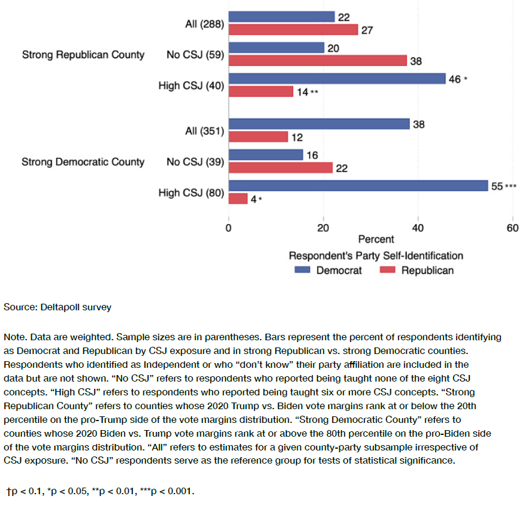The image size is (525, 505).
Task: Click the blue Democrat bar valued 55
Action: coord(358,186)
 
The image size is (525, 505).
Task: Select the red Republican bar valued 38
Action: coord(318,61)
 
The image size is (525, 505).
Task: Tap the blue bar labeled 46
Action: coord(337,78)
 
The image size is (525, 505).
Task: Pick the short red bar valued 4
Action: coord(238,198)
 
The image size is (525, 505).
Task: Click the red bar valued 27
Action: coord(293,29)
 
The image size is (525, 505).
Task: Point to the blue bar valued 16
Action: coord(265,155)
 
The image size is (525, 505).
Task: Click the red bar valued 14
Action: coord(261,92)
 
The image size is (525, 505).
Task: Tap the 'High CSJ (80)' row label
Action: coord(191,192)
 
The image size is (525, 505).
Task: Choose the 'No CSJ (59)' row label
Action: coord(195,55)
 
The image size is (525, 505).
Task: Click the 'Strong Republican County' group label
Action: coord(83,55)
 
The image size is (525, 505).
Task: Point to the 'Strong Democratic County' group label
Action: coord(83,162)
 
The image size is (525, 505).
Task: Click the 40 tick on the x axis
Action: coord(418,228)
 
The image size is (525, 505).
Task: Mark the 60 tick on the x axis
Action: coord(513,228)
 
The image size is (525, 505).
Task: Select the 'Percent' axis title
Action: coord(376,240)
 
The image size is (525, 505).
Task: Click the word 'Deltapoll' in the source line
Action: coord(60,307)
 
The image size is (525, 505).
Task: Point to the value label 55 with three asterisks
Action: coord(503,186)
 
